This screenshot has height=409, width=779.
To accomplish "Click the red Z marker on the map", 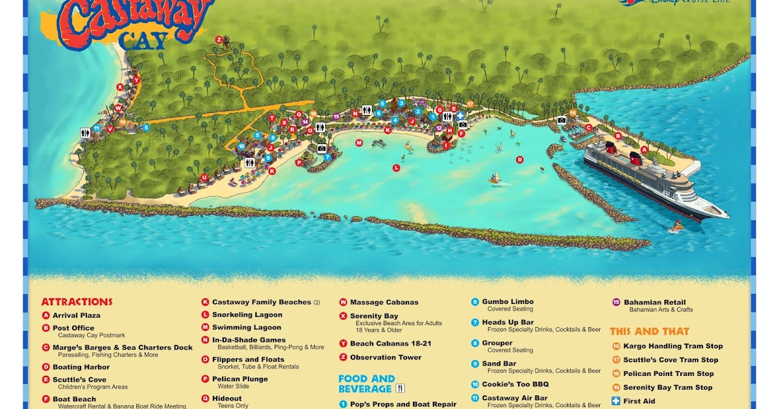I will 219,40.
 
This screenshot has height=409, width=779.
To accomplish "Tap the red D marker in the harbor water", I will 519,159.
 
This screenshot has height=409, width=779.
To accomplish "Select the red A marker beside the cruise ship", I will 644,149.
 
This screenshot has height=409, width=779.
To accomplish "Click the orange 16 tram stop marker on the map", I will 573,113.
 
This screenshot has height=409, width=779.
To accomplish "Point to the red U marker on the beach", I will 204,177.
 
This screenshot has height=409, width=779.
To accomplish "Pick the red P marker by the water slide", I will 299,163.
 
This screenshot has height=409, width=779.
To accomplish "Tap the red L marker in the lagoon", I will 396,168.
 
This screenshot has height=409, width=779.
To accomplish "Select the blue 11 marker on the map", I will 97,129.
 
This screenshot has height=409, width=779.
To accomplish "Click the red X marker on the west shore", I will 120,86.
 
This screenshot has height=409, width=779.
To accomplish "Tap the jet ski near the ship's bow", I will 677,227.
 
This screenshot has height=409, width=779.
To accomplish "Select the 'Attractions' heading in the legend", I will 77,302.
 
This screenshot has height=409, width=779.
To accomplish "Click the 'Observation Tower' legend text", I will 386,357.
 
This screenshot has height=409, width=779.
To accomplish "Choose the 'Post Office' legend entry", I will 73,328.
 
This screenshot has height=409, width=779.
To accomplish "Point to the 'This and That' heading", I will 649,331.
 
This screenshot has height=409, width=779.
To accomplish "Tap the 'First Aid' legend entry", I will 639,401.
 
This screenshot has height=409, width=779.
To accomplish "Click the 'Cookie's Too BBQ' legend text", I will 515,384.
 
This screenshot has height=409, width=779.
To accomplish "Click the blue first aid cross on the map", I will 460,115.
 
